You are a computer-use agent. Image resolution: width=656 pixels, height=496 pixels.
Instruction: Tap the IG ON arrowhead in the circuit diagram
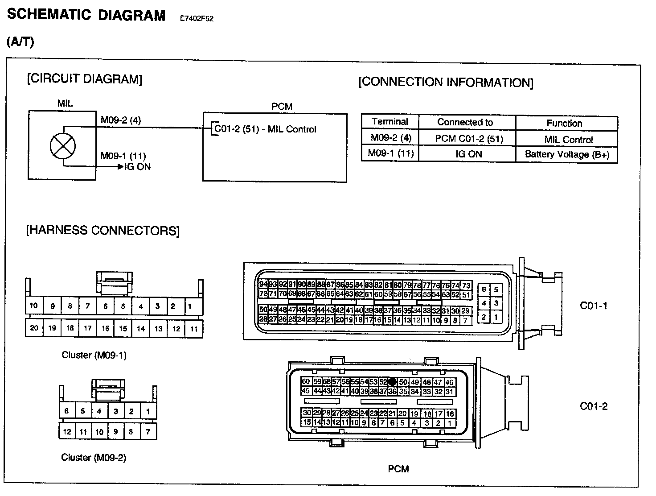coord(120,167)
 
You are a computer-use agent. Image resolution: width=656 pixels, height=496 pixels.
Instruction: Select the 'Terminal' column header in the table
coord(390,122)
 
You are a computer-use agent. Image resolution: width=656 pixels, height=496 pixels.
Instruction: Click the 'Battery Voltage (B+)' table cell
coord(567,154)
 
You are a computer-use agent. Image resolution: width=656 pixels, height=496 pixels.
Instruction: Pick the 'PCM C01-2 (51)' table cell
coord(469,139)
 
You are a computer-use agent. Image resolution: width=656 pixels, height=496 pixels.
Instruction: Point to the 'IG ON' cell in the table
coord(468,154)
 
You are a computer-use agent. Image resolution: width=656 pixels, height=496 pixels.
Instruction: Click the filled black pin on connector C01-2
coord(392,382)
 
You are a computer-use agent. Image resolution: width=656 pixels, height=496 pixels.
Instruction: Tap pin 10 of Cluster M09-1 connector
coord(34,306)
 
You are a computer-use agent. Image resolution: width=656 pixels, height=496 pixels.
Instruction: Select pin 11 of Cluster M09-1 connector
coord(194,329)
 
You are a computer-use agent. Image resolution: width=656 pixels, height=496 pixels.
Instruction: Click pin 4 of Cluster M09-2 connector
coord(99,411)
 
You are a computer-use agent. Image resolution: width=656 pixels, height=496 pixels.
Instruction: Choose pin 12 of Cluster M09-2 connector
coord(67,431)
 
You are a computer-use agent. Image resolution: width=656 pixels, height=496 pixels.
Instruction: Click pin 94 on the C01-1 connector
coord(263,284)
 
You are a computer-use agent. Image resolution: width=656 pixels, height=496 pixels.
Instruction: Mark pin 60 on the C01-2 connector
coord(306,381)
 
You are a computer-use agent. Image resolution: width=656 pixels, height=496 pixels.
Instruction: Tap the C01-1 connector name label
coord(593,306)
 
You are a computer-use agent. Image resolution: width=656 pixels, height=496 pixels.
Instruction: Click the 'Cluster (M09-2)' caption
coord(94,457)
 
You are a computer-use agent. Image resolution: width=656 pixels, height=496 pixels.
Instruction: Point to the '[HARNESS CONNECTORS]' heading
coord(103,231)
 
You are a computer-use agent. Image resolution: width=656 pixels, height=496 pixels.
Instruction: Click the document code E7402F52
coord(197,19)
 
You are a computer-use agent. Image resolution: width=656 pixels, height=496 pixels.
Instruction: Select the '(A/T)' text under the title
coord(20,41)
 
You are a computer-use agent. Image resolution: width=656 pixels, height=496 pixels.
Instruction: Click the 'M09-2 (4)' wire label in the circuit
coord(121,120)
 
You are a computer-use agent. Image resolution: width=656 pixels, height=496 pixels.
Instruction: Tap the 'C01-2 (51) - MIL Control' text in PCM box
coord(265,129)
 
